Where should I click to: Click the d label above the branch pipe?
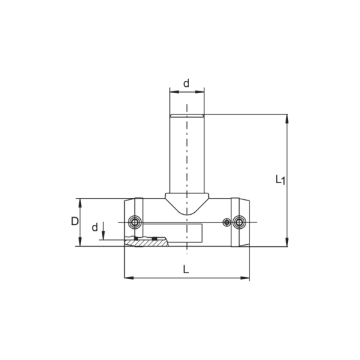186,84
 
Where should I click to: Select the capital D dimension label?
75,221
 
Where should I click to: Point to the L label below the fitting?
186,269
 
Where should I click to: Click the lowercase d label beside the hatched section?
94,228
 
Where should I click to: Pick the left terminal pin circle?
135,222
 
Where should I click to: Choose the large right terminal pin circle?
239,222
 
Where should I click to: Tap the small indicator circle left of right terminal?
227,222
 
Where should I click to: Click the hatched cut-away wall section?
147,243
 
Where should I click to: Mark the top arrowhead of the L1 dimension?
287,118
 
